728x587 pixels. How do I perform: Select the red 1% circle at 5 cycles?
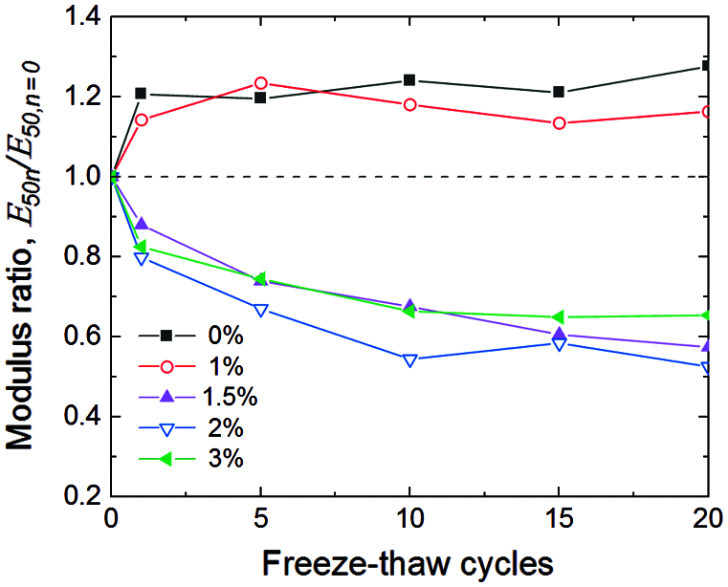click(261, 83)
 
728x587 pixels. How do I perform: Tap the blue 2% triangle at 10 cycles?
click(410, 360)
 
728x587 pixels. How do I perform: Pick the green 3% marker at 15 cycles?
click(560, 317)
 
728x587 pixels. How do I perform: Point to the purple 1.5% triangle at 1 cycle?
click(142, 224)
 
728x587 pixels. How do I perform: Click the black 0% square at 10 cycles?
click(410, 80)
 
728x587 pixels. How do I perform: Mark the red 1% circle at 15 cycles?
click(560, 123)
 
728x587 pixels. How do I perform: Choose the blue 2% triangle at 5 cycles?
click(261, 310)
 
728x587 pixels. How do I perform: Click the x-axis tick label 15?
click(560, 520)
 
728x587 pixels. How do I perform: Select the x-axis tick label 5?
click(261, 520)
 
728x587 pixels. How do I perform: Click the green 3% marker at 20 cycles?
click(707, 315)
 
